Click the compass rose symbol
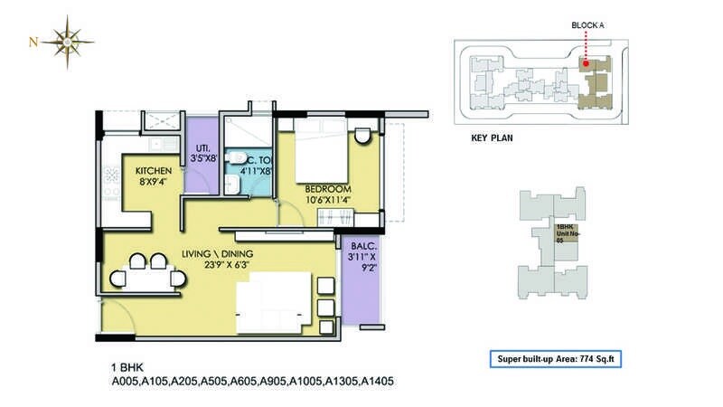coord(68,41)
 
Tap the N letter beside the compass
coord(33,42)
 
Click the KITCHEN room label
coord(154,170)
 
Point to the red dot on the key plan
coord(585,63)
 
